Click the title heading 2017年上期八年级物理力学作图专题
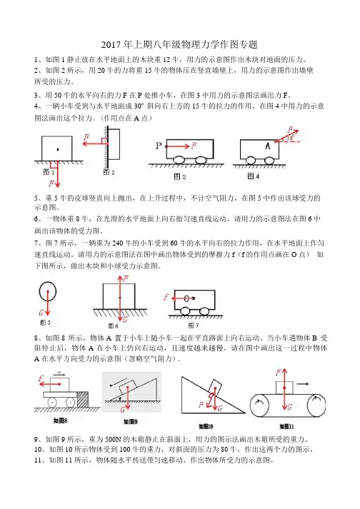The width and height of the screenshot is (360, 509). point(179,44)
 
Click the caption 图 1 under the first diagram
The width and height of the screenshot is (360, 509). point(49,172)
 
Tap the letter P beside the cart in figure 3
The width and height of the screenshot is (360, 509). point(159,146)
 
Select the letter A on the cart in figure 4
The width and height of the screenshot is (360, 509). point(268,146)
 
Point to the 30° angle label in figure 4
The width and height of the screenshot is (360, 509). point(290,138)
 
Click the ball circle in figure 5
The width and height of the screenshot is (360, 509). point(47,291)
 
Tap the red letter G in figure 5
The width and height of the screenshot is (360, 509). point(41,313)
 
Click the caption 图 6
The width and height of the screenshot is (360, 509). point(113,326)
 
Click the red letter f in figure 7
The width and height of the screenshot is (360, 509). point(166,297)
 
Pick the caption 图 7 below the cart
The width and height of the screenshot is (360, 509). point(194,325)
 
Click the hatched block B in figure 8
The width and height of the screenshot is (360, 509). point(83,399)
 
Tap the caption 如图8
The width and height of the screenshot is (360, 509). point(61,420)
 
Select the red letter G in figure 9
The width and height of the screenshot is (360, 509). point(122,410)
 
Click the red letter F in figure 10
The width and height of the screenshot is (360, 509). point(201,405)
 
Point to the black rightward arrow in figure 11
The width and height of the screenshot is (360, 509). point(302,384)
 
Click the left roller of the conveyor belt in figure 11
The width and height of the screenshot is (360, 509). point(259,405)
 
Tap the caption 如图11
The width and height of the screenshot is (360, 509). point(286,426)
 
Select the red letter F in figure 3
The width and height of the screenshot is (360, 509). point(194,145)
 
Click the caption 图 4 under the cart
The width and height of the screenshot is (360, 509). point(253,176)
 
